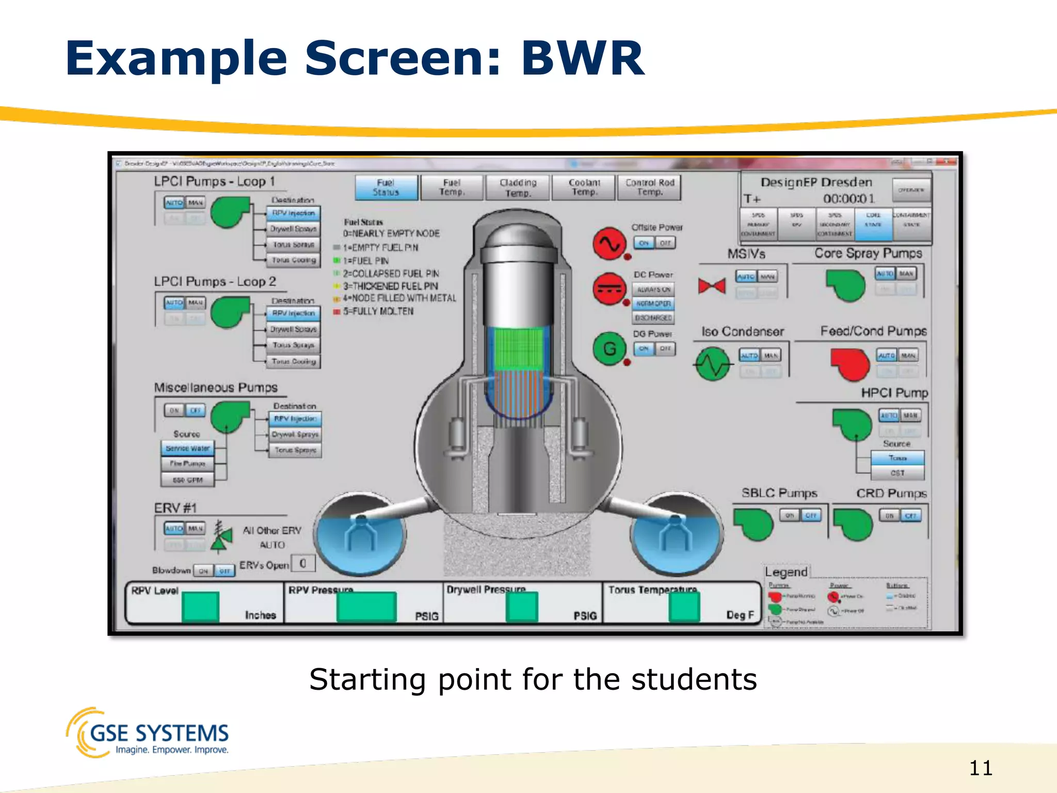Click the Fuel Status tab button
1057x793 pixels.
tap(386, 187)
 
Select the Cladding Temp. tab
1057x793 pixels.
tap(518, 187)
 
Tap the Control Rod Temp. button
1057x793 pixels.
tap(649, 187)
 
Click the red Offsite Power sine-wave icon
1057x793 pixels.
tap(609, 243)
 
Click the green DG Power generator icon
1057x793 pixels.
tap(609, 349)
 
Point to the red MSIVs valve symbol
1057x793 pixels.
tap(711, 286)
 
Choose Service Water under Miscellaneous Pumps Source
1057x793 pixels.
tap(187, 448)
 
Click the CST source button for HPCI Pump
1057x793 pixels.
tap(897, 473)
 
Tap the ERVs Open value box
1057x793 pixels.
tap(303, 563)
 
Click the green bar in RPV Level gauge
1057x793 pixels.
tap(200, 607)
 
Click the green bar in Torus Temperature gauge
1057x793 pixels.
tap(684, 607)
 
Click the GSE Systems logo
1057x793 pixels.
tap(148, 733)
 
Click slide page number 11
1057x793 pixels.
tap(980, 768)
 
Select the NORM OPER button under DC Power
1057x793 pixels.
tap(653, 304)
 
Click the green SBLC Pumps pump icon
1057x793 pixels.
tap(753, 524)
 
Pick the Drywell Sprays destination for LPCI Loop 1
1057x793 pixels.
tap(293, 229)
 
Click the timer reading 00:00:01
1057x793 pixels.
tap(848, 199)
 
